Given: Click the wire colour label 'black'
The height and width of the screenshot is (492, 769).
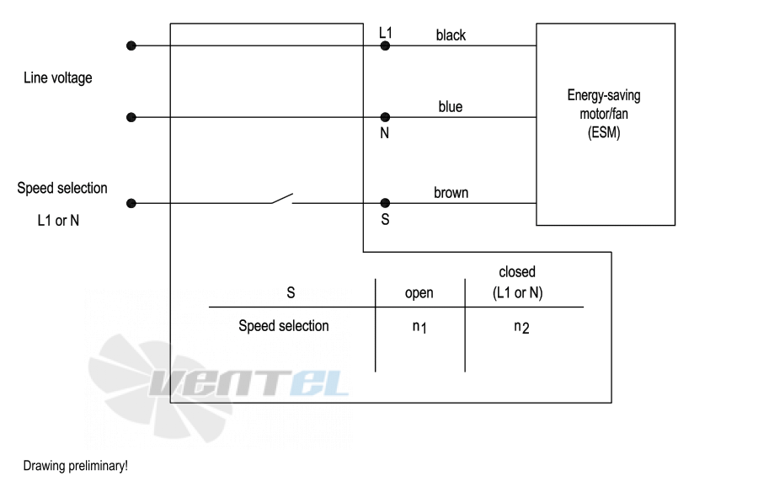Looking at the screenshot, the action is (451, 35).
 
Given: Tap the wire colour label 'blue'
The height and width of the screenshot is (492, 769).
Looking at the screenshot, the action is (451, 106).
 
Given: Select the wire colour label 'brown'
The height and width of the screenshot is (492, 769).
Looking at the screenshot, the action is (451, 193).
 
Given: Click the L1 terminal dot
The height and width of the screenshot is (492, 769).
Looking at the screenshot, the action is (385, 46).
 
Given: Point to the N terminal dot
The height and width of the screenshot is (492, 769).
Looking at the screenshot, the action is (385, 117).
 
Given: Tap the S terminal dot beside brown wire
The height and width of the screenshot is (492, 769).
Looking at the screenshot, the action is (385, 202).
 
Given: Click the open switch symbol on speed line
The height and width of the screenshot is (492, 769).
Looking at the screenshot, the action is (282, 199).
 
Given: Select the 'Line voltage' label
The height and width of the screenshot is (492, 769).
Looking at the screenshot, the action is (58, 78).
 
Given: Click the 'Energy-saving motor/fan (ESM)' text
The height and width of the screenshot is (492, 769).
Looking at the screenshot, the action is (604, 114).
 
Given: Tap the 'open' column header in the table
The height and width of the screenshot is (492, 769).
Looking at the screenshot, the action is (419, 293).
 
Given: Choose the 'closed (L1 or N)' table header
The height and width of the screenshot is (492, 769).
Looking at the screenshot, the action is (517, 282).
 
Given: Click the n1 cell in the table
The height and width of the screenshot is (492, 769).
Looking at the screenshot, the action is (419, 327).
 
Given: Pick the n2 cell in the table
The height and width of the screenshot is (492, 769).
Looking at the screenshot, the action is (521, 327).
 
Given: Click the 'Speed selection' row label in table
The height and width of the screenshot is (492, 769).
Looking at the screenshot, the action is (284, 326).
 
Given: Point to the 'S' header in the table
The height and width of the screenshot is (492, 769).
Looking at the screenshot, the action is (291, 293).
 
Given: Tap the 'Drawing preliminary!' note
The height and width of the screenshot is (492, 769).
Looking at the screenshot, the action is (76, 466).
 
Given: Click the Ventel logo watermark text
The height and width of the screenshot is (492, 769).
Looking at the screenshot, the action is (249, 382).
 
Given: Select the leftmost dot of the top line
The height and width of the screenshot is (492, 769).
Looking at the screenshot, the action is (131, 46).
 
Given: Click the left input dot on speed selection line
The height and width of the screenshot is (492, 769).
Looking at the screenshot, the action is (131, 203).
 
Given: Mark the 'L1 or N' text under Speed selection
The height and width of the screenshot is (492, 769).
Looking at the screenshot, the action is (58, 221).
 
